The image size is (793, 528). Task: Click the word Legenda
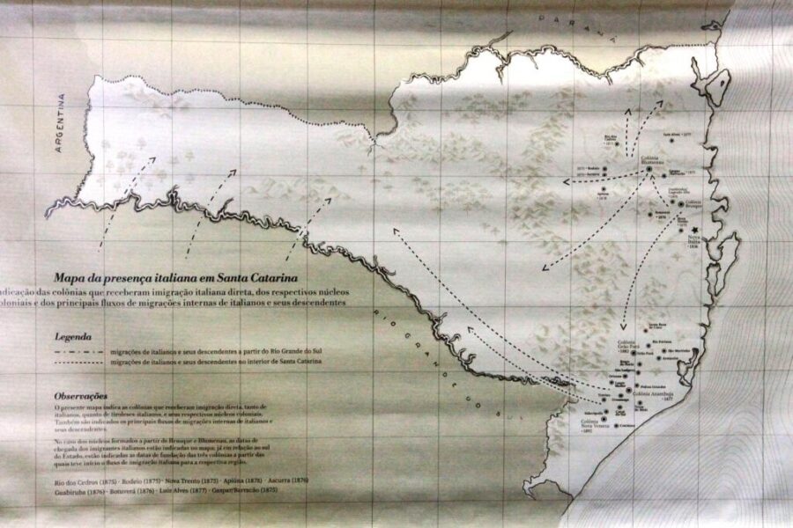[72, 335]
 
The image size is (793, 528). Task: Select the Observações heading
[80, 397]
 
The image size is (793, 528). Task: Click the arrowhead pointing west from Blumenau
[565, 182]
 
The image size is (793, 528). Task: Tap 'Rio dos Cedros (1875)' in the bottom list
[85, 483]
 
